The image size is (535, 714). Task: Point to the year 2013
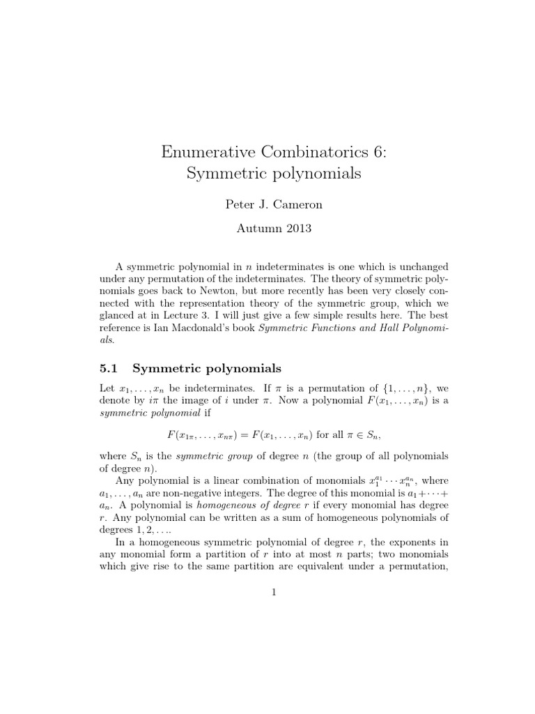[x=294, y=227]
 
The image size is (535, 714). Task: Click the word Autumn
[x=254, y=227]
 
